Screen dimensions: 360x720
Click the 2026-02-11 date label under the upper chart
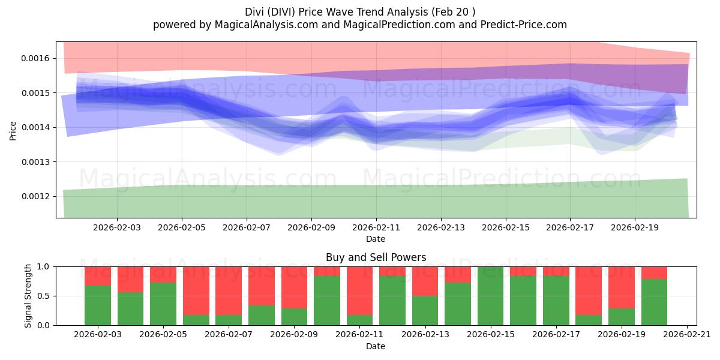tap(376, 227)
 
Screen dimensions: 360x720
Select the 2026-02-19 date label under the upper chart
tap(635, 227)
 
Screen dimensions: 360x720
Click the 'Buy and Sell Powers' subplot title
tap(376, 257)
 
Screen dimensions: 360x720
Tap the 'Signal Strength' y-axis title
tap(28, 296)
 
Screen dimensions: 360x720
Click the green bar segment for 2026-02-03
tap(98, 306)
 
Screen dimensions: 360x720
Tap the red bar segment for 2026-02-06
tap(196, 290)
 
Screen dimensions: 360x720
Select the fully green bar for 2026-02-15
tap(490, 296)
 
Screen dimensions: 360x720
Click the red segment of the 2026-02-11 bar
tap(359, 290)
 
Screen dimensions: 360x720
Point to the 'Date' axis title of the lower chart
tap(376, 346)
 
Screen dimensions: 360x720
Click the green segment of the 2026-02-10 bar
tap(327, 301)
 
